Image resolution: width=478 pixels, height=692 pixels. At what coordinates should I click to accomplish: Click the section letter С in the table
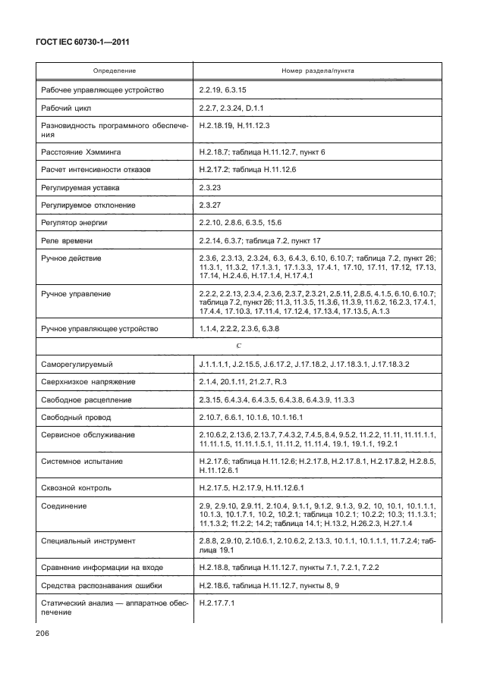point(239,346)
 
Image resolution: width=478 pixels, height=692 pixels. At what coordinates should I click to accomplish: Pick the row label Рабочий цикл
point(66,108)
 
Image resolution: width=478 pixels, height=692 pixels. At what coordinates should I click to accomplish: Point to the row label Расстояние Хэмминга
point(82,152)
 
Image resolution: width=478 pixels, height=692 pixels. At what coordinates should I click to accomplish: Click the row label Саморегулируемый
point(77,365)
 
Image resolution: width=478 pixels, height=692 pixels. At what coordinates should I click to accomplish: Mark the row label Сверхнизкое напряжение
point(87,382)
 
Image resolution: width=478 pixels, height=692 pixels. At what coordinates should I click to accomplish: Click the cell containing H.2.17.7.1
point(217,603)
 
